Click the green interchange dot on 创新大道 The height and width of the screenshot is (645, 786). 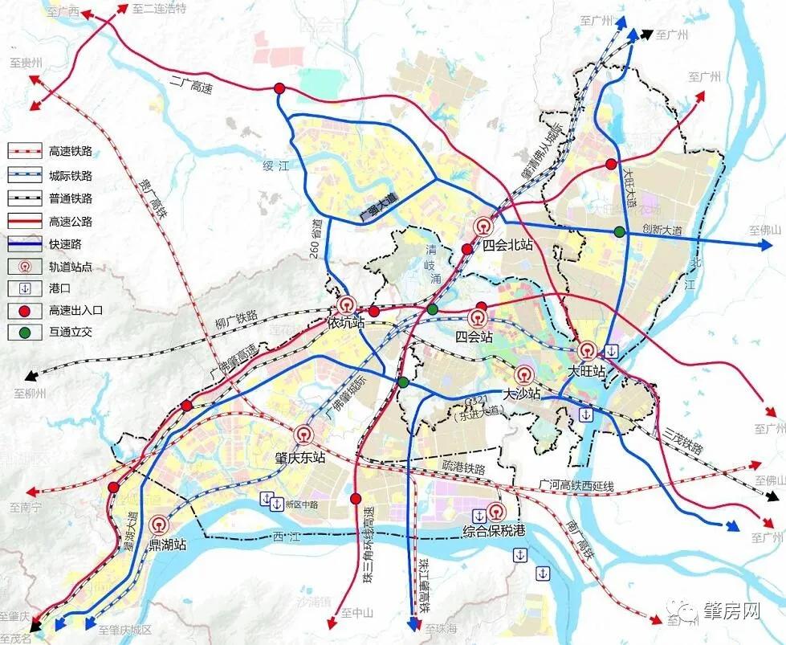(x=619, y=232)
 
